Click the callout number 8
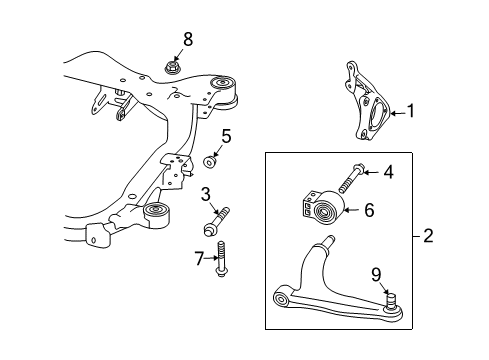tap(187, 41)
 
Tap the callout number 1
tap(409, 113)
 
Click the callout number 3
tap(206, 193)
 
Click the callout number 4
tap(389, 171)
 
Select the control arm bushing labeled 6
tap(324, 212)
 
